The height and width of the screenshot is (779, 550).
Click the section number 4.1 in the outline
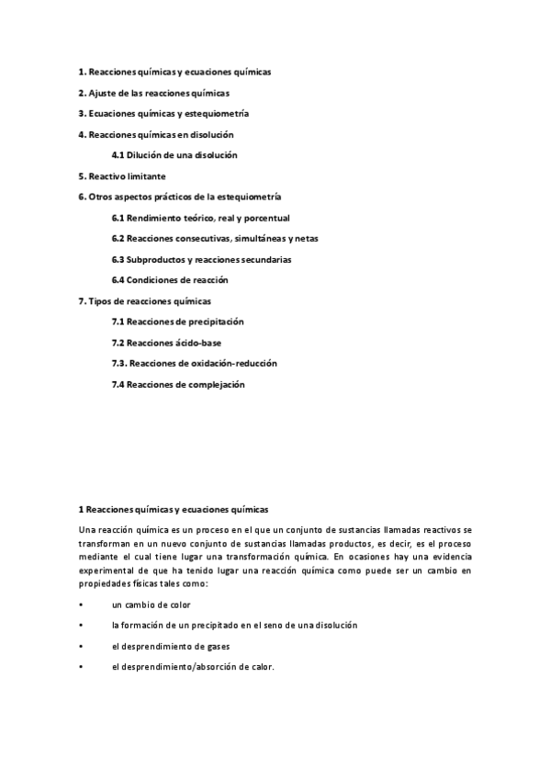(x=118, y=155)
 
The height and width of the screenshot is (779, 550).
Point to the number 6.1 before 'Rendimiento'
(x=118, y=218)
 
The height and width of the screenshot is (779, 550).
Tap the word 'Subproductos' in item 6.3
(x=159, y=259)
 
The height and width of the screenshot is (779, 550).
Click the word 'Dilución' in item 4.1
(x=147, y=155)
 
